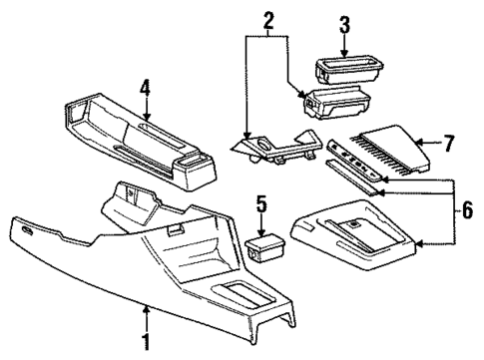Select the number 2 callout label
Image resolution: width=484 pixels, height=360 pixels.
pyautogui.click(x=267, y=20)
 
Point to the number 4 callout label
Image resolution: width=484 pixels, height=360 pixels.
pyautogui.click(x=144, y=89)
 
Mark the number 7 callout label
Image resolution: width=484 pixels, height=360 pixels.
pyautogui.click(x=448, y=145)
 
